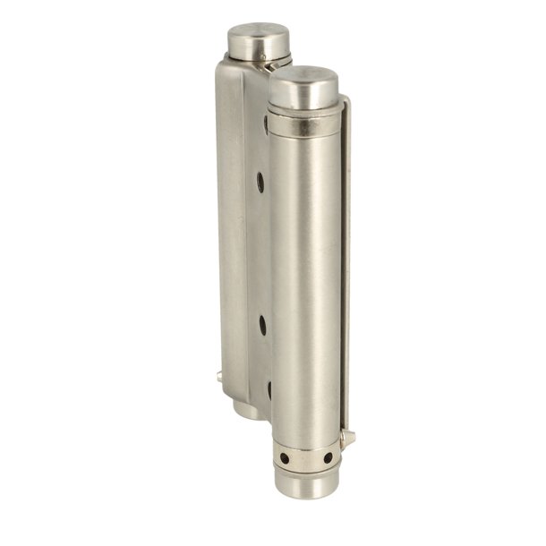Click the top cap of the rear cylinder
click(x=260, y=39)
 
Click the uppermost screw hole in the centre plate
click(x=260, y=183)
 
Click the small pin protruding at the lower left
click(x=219, y=379)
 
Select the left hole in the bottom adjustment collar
click(x=285, y=457)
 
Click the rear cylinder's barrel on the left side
click(x=231, y=224)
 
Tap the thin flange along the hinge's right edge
click(x=346, y=269)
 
